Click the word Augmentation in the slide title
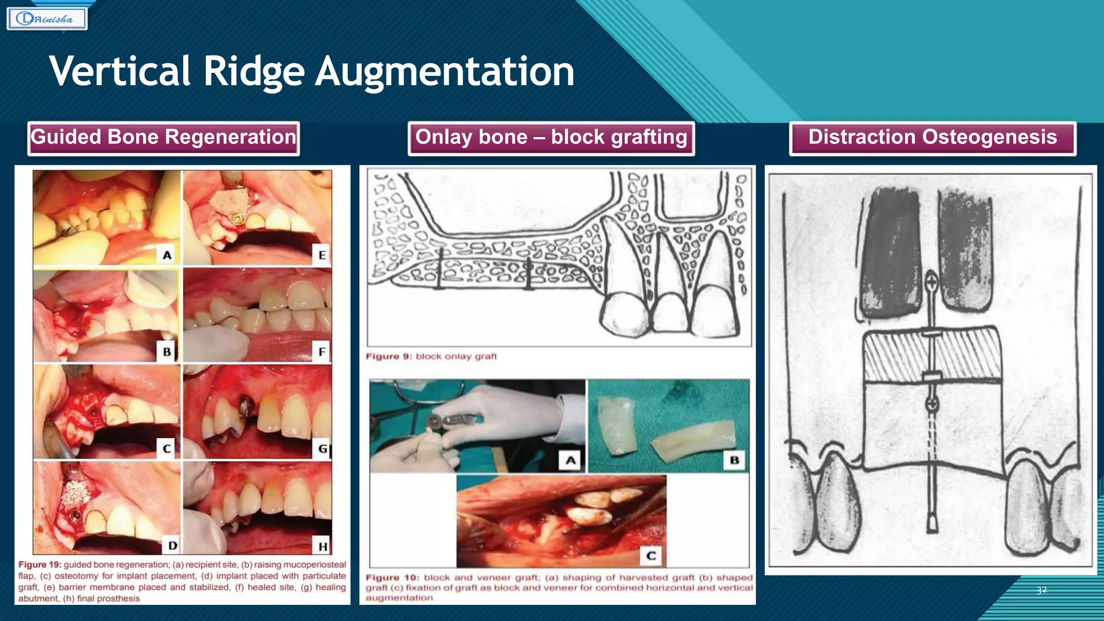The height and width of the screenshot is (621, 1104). click(445, 72)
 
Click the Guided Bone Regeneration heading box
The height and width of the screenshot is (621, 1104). click(163, 138)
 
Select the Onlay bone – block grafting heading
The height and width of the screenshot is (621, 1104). click(551, 138)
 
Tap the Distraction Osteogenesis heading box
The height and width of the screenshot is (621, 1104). click(933, 138)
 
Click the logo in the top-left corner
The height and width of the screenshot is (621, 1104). click(47, 19)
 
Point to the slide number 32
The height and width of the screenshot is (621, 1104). click(1041, 590)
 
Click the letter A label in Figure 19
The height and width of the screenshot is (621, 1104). click(167, 255)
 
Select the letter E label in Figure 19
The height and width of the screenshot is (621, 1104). click(322, 255)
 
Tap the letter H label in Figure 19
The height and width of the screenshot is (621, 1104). click(322, 546)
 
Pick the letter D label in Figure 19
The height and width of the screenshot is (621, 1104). click(172, 546)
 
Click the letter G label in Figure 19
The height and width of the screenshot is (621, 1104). click(322, 448)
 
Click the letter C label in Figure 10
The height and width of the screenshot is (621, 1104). click(651, 555)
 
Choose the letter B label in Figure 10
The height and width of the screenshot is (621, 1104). click(734, 460)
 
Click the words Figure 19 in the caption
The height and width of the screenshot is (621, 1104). click(39, 564)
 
